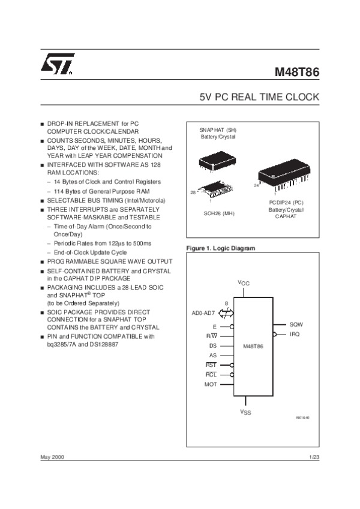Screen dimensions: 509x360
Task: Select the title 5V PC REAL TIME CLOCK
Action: (259, 97)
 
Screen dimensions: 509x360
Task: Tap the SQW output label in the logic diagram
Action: (296, 324)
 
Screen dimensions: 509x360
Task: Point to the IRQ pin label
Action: (295, 333)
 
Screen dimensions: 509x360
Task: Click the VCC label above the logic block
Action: (244, 283)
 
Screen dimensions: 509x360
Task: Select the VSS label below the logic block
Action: (246, 412)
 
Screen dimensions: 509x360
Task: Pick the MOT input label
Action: (210, 384)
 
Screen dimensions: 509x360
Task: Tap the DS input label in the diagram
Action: (212, 345)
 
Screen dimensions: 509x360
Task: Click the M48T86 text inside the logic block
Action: (253, 347)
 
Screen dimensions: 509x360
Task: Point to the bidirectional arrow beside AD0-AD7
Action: (226, 313)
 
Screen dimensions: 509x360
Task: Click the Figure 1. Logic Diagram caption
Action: (221, 248)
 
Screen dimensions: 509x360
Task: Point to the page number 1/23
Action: (313, 457)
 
